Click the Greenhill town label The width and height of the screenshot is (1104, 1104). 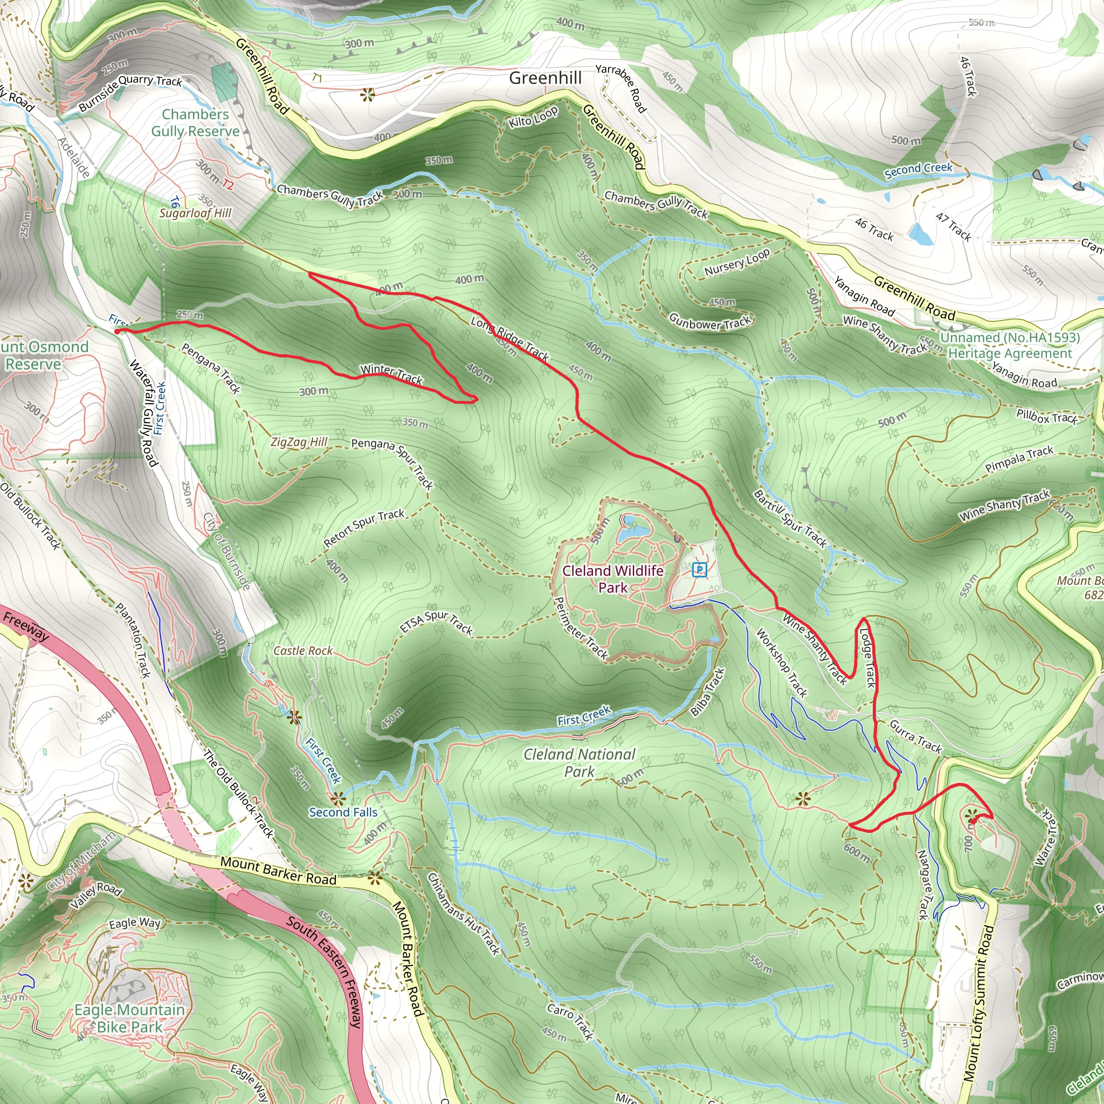[545, 78]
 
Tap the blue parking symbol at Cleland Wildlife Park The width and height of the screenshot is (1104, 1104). [699, 569]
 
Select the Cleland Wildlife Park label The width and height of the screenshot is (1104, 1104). [612, 579]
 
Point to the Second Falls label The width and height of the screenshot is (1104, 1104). [343, 812]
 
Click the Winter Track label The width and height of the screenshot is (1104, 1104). [391, 374]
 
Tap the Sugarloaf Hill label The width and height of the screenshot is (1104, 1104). [196, 213]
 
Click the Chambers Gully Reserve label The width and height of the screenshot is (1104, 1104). [196, 123]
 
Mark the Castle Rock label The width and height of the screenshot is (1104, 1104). [303, 651]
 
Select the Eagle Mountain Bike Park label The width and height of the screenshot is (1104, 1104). [130, 1018]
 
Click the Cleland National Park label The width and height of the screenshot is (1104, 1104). [579, 763]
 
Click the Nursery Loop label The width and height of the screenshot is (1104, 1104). [736, 263]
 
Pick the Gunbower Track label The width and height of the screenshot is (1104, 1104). [710, 322]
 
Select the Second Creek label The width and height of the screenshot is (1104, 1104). [918, 170]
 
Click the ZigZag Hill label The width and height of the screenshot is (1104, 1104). [299, 441]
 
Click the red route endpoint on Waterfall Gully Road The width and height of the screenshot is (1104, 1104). [116, 331]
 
